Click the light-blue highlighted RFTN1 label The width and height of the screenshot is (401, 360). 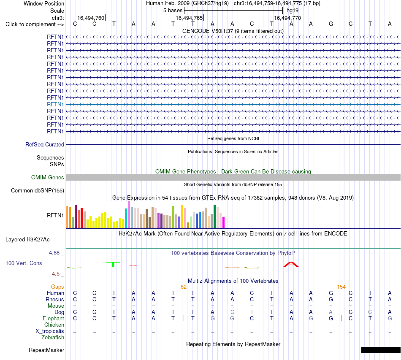[x=55, y=104]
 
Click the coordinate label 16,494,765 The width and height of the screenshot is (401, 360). [x=189, y=18]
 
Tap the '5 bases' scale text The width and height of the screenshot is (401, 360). [x=173, y=11]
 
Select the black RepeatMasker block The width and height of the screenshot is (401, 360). [x=381, y=350]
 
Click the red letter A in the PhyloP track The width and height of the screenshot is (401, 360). [x=291, y=264]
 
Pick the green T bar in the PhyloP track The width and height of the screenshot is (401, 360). [x=113, y=264]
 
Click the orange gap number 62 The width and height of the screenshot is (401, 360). [x=184, y=287]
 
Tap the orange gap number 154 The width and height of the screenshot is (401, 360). [x=341, y=287]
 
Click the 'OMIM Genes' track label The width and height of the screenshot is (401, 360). [x=48, y=177]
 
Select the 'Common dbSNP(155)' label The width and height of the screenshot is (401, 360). [x=38, y=190]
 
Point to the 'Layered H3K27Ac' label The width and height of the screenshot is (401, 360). [x=27, y=240]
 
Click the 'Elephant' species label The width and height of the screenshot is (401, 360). [x=54, y=318]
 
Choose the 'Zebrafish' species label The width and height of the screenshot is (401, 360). [x=53, y=338]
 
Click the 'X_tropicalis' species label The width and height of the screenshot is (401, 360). [x=50, y=331]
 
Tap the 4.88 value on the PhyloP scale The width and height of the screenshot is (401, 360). [x=54, y=253]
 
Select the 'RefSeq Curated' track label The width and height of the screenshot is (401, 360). [x=45, y=144]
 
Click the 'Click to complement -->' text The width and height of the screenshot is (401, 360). [x=35, y=24]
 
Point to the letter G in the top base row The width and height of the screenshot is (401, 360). [x=331, y=24]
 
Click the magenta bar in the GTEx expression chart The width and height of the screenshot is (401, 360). [x=224, y=222]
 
